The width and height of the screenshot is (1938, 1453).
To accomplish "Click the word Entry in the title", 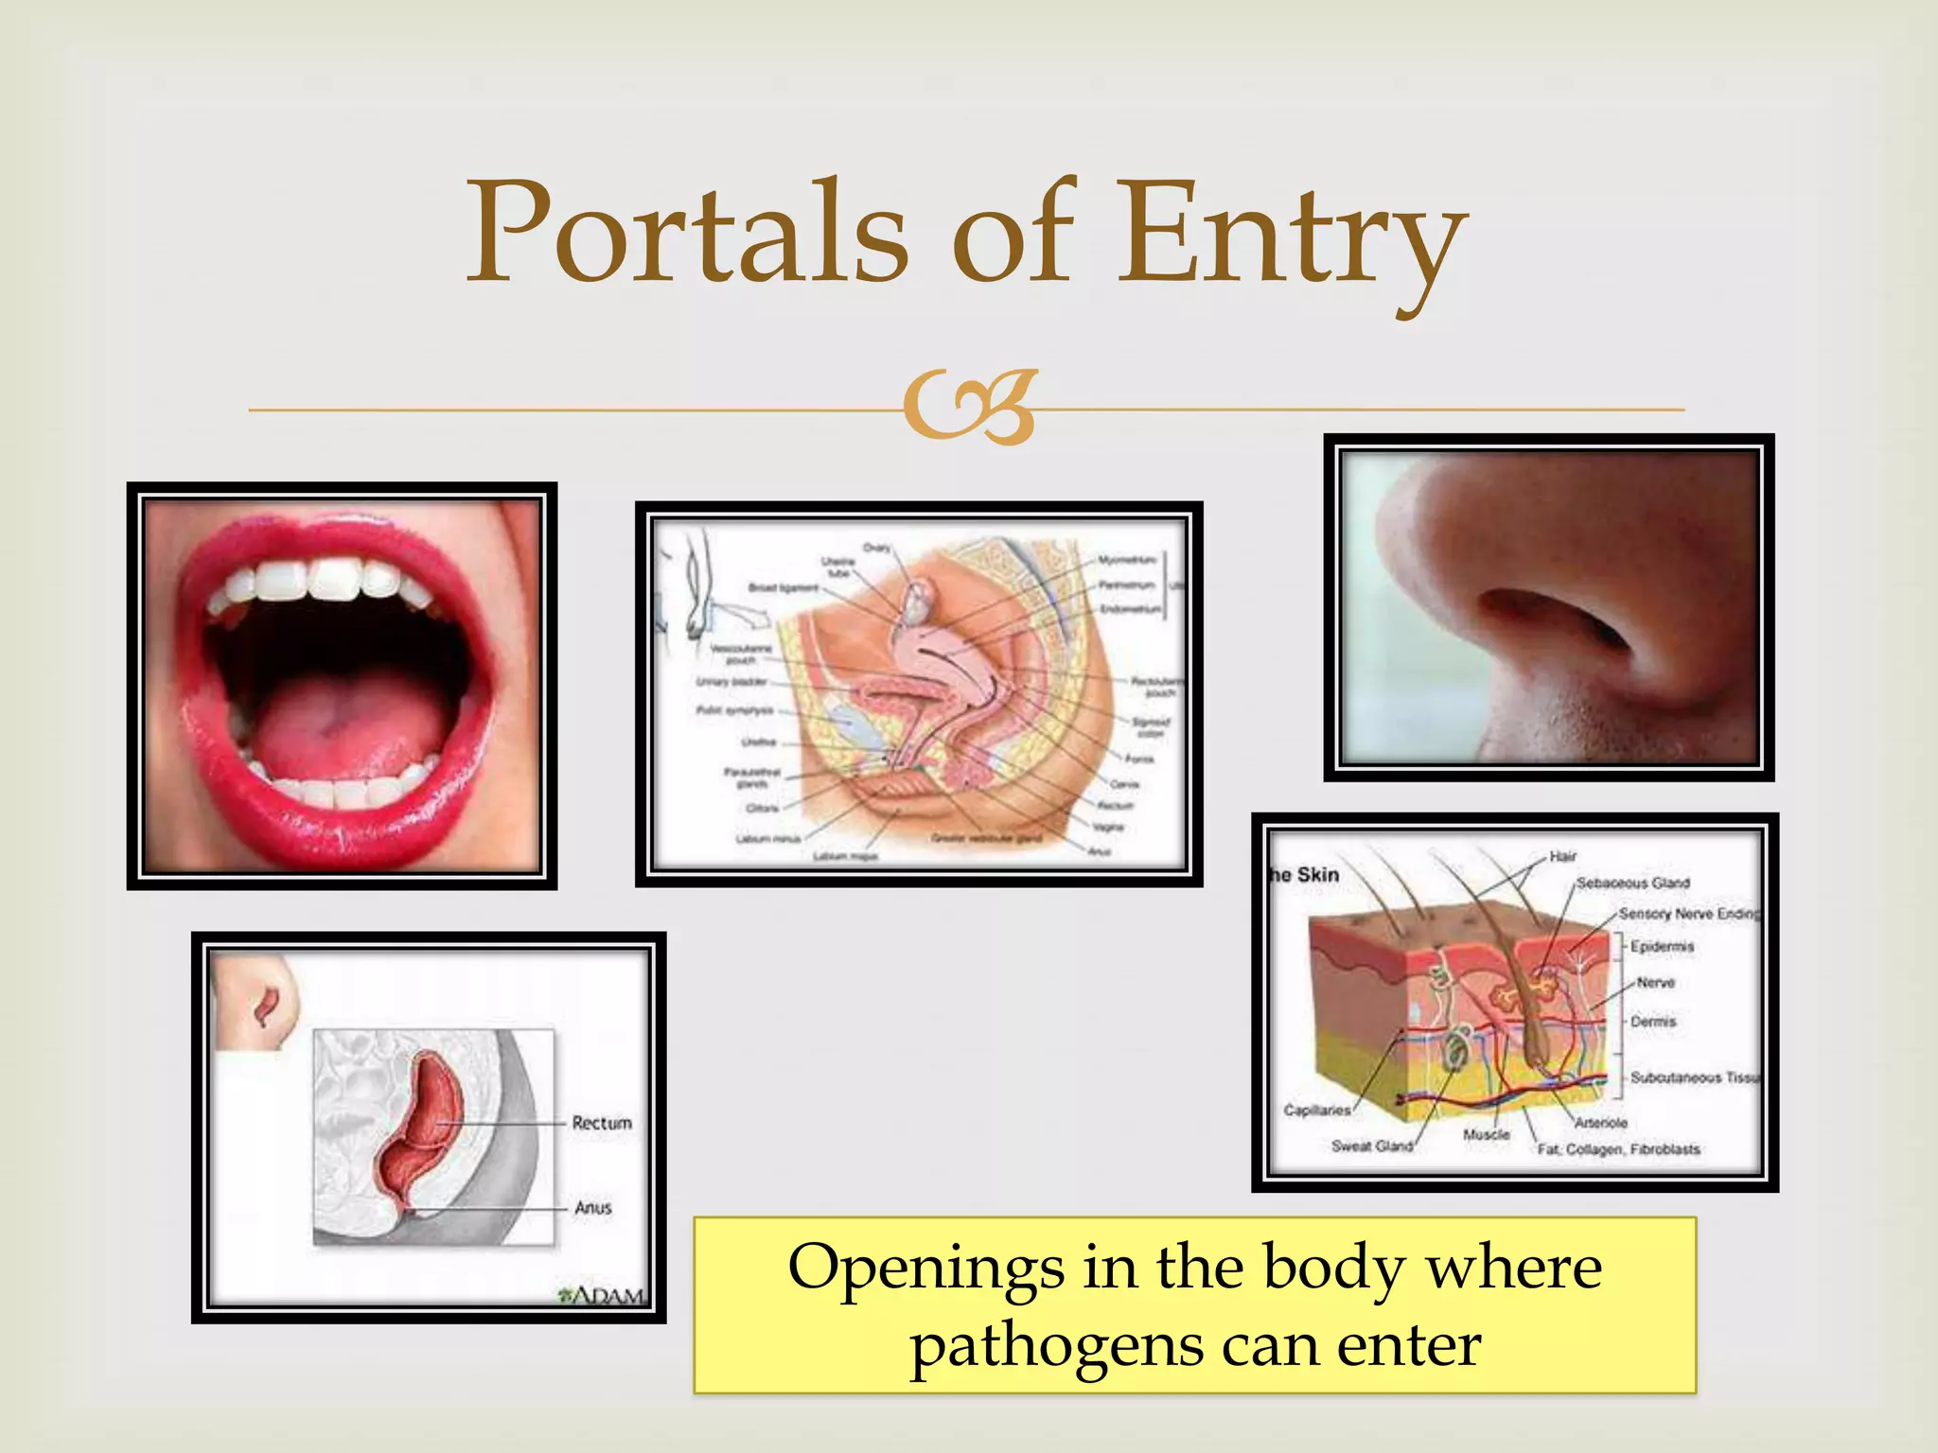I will pos(1292,236).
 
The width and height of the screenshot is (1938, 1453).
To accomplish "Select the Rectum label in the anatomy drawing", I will pos(602,1123).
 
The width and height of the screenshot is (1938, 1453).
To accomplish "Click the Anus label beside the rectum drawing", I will pos(593,1208).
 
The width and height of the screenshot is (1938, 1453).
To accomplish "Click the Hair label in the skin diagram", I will pos(1563,856).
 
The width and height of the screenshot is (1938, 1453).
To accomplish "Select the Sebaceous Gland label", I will pos(1632,883).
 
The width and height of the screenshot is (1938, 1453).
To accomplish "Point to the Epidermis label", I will pos(1662,946).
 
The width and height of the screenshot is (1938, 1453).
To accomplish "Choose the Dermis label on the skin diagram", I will pos(1653,1022).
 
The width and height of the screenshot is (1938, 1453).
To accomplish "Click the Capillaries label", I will pos(1316,1110).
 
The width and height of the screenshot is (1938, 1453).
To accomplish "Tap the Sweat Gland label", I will pos(1372,1146).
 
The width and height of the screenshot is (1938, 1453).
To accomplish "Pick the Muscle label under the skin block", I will pos(1487,1134).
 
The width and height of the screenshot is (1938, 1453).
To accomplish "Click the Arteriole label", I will pos(1601,1123).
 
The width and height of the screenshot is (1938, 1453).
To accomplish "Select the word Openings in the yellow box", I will pos(925,1268).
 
